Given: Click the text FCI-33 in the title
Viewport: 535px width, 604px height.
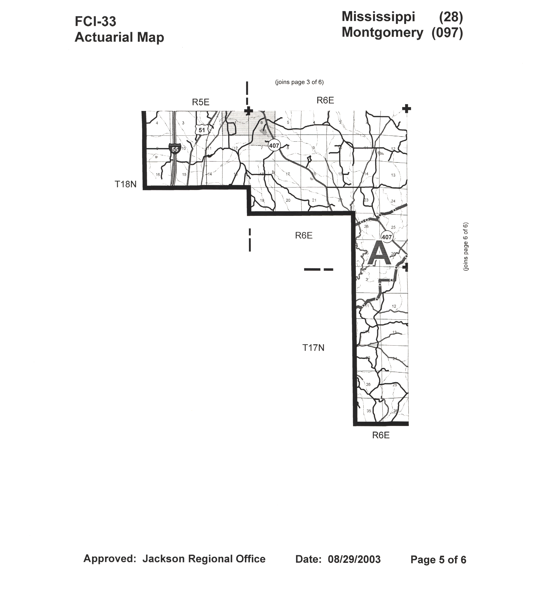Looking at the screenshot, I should pyautogui.click(x=95, y=22).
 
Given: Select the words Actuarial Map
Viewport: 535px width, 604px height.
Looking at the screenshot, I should pyautogui.click(x=119, y=38).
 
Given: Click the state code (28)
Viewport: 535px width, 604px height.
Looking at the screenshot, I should pyautogui.click(x=451, y=17).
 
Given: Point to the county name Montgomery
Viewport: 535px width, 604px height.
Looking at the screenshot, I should pyautogui.click(x=382, y=32).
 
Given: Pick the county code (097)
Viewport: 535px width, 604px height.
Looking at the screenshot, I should pyautogui.click(x=447, y=33).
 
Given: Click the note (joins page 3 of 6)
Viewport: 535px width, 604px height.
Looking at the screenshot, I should pyautogui.click(x=299, y=82).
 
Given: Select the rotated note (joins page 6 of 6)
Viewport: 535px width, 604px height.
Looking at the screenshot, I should pyautogui.click(x=466, y=246).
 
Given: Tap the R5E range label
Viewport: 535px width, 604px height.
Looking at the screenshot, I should pyautogui.click(x=201, y=102).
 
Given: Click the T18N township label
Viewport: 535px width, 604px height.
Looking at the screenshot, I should pyautogui.click(x=126, y=185).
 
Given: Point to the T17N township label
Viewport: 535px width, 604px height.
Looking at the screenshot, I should pyautogui.click(x=313, y=348).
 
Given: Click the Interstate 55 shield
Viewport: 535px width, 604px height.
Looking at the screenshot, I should pyautogui.click(x=175, y=149).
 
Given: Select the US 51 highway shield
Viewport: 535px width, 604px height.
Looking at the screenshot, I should pyautogui.click(x=202, y=130).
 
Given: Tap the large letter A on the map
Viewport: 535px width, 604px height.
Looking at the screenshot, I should pyautogui.click(x=379, y=253).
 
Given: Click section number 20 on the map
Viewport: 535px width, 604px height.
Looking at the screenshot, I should pyautogui.click(x=288, y=200).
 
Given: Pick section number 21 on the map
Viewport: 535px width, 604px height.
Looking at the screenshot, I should pyautogui.click(x=314, y=200).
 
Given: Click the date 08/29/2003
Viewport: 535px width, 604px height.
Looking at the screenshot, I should pyautogui.click(x=354, y=559).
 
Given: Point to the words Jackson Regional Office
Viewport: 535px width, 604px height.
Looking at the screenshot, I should pyautogui.click(x=204, y=559).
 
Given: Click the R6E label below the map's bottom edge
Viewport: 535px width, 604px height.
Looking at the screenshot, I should pyautogui.click(x=381, y=435).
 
